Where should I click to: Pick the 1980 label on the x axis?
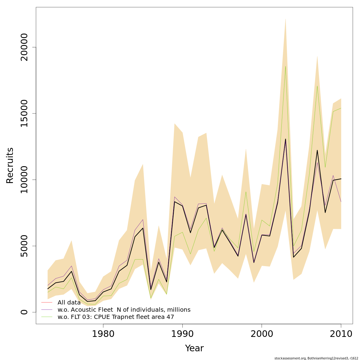pos(103,334)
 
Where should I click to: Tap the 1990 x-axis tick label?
pos(182,334)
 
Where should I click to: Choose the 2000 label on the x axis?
pos(262,334)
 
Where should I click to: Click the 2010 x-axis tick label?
pos(341,334)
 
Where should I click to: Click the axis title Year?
pos(194,348)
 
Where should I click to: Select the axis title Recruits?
pos(10,165)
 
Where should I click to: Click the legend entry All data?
pos(69,302)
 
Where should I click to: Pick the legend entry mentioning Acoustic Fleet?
pos(124,310)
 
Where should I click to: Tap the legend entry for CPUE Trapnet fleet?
pos(116,317)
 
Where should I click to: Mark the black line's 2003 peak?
pos(286,139)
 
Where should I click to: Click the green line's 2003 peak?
pos(286,66)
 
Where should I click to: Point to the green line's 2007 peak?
pos(317,86)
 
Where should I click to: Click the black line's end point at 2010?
pos(341,179)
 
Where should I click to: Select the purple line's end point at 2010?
pos(341,202)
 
